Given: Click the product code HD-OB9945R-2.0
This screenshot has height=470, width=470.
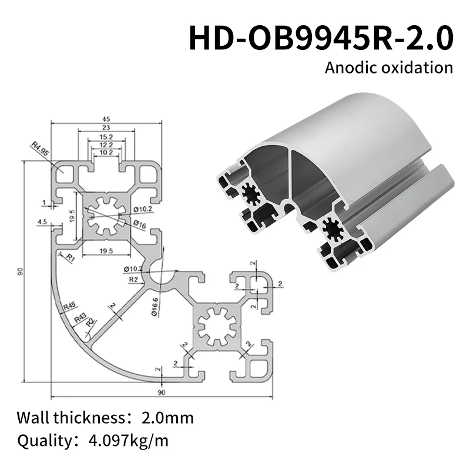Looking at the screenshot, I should click(x=321, y=37).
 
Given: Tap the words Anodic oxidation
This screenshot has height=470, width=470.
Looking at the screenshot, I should click(x=389, y=67).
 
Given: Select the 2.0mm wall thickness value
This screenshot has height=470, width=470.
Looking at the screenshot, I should click(x=167, y=418).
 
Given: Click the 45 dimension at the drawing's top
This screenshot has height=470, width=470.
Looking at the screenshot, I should click(x=106, y=119).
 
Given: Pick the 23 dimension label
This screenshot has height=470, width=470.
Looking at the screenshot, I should click(x=106, y=127).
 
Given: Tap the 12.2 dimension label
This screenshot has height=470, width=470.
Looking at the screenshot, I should click(x=106, y=145).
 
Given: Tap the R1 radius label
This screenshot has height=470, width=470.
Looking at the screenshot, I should click(x=70, y=257).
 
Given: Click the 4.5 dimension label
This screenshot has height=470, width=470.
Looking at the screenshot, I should click(x=42, y=221).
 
